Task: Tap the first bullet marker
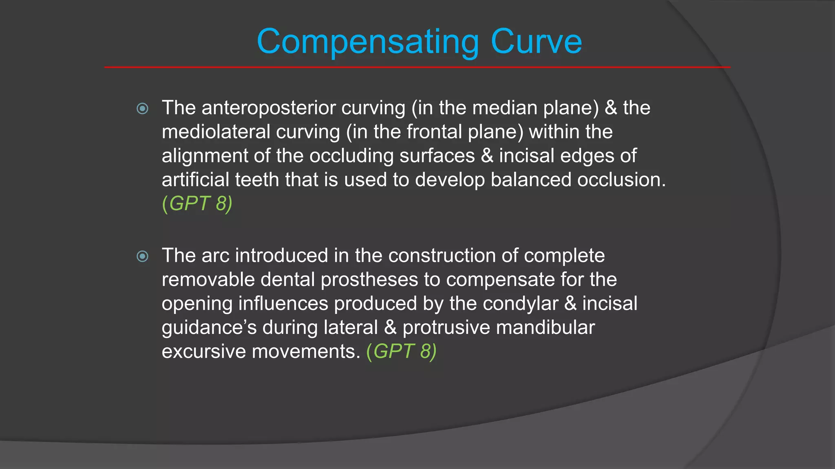142,108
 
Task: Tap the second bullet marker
142,256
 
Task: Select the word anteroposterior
269,108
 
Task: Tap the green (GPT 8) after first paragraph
197,204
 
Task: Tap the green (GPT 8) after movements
401,351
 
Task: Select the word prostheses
369,280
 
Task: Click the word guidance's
209,328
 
